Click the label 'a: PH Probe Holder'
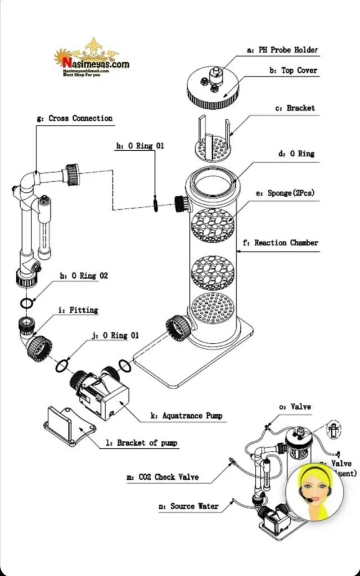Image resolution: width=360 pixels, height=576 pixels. click(x=282, y=50)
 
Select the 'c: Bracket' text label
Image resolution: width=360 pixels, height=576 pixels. click(x=300, y=108)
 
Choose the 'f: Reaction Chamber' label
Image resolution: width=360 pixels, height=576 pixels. click(x=286, y=243)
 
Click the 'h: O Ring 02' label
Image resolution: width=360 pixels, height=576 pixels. click(x=84, y=276)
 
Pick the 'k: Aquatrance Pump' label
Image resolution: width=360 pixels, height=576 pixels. click(x=186, y=416)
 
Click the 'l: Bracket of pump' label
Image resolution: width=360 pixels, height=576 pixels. click(x=141, y=443)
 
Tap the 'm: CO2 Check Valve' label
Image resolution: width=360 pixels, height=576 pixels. click(x=162, y=478)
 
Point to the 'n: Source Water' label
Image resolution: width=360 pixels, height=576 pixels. click(x=187, y=506)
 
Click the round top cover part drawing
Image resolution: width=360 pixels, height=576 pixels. click(x=214, y=87)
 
